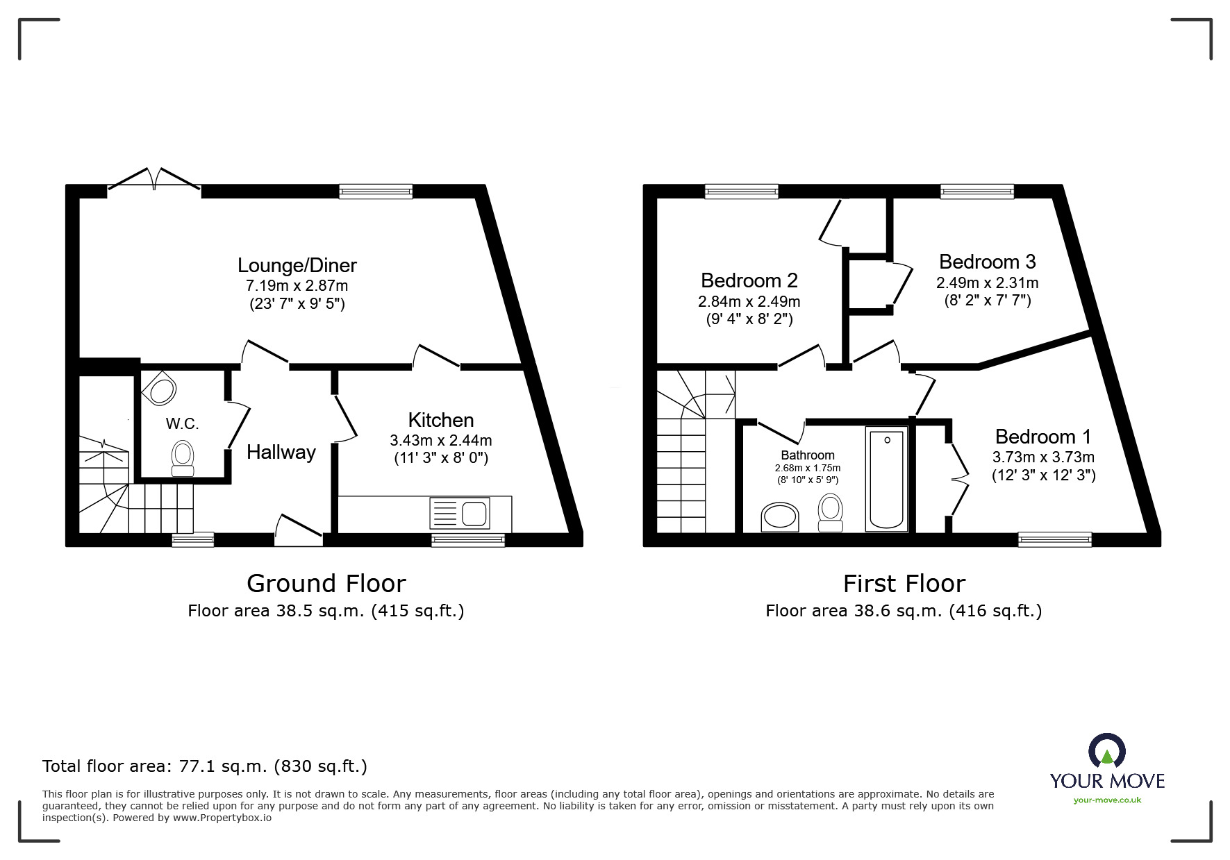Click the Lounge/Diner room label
click(x=297, y=265)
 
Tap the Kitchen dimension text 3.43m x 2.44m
click(x=440, y=440)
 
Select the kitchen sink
click(x=460, y=514)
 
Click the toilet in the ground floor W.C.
click(x=183, y=459)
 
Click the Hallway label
click(x=281, y=453)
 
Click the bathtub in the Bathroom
click(x=886, y=479)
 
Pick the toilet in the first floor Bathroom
click(x=830, y=512)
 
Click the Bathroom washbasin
click(x=780, y=517)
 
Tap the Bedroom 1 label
click(x=1042, y=437)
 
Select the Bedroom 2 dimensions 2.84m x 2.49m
click(x=749, y=302)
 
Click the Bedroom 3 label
click(x=987, y=262)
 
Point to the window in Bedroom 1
click(x=1054, y=539)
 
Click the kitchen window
click(x=467, y=539)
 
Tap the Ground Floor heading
click(x=326, y=584)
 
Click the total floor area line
click(x=205, y=766)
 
